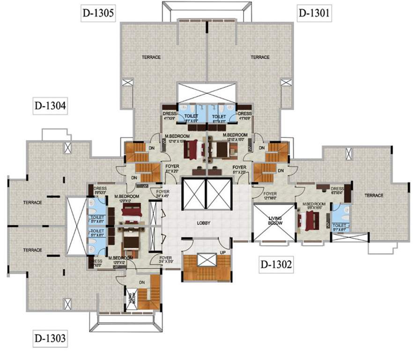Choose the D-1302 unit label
tap(277, 265)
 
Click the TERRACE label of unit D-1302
tap(374, 195)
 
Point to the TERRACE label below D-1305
tap(151, 57)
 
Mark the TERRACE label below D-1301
tap(260, 57)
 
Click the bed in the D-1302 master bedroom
tap(310, 220)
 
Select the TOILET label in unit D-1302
tap(340, 216)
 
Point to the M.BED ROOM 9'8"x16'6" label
tap(311, 205)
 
